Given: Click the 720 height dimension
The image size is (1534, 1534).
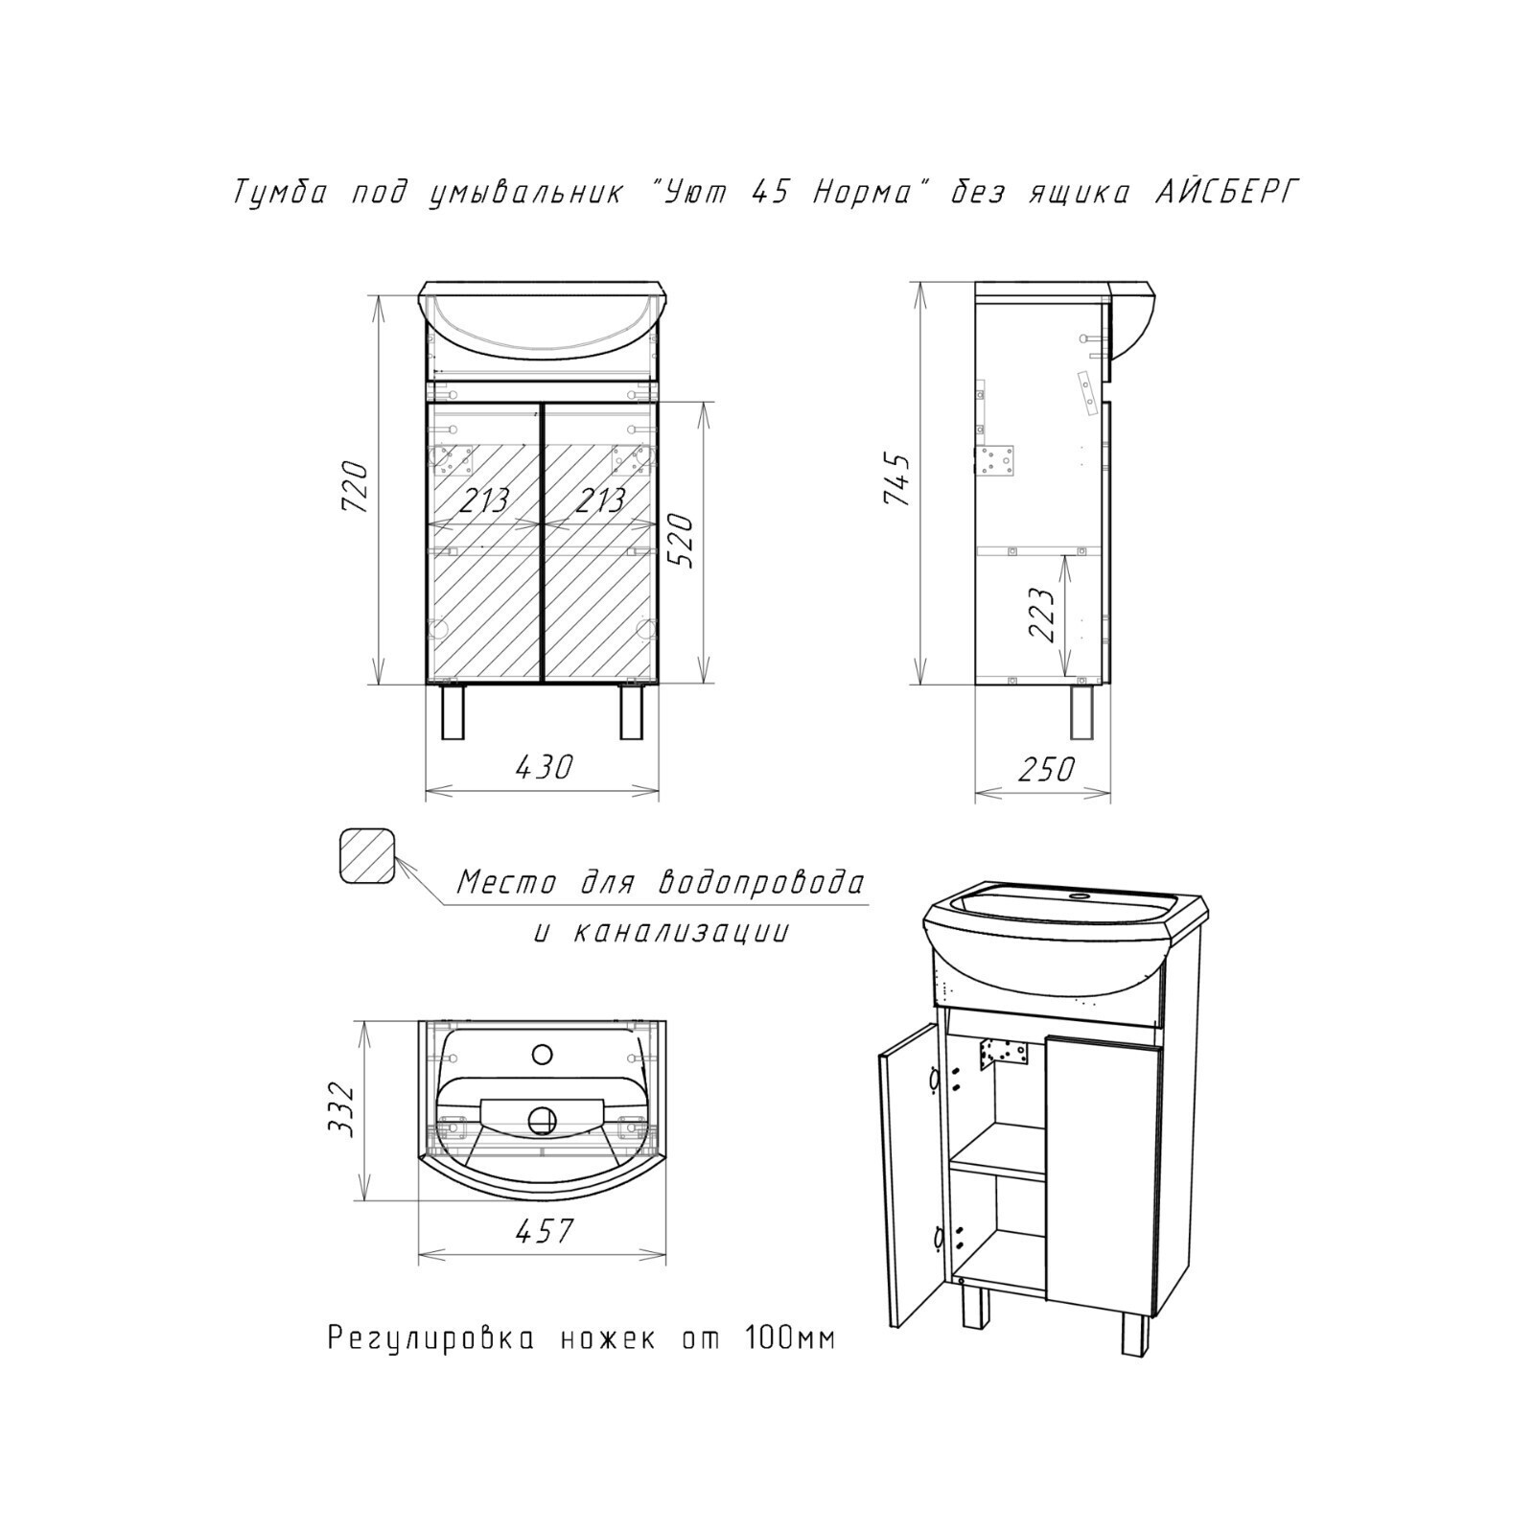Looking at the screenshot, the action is pos(355,486).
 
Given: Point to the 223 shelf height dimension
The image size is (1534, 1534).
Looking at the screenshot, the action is pos(1042,614).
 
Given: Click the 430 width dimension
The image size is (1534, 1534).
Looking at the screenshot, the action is pos(544,766).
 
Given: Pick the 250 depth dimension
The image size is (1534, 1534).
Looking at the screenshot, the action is pos(1045,768).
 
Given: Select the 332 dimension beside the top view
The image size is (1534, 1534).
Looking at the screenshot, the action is pos(341,1109).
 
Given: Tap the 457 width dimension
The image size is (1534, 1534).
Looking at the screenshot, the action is pos(545,1230).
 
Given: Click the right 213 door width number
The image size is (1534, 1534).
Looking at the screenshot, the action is pos(599,500).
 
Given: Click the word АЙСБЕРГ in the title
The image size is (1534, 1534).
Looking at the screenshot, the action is pos(1225,193).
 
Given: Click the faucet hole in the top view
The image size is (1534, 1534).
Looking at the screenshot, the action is pos(542,1055).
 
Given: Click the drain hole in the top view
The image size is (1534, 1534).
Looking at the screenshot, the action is pos(543,1118).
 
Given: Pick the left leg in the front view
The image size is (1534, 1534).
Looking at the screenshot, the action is pos(453,711).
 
